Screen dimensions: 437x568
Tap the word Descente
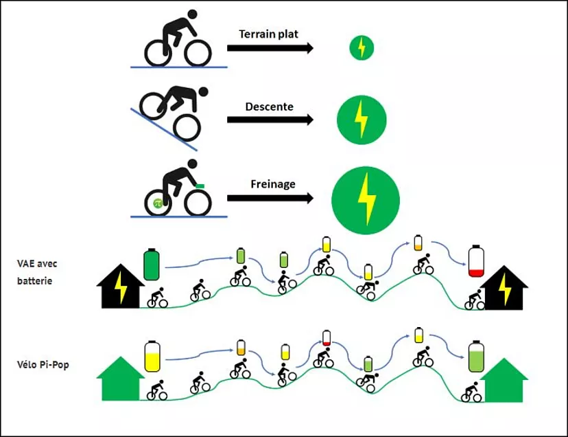pos(269,107)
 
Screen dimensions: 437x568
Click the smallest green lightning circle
pos(362,47)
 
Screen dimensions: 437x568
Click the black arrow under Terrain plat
pos(270,48)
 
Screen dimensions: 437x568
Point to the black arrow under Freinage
pos(270,199)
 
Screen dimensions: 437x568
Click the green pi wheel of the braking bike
pos(157,203)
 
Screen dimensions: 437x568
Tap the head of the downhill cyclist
pos(202,91)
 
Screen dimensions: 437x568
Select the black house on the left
pos(120,286)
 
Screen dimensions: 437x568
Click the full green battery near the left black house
pos(152,264)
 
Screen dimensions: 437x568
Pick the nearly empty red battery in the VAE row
pos(476,262)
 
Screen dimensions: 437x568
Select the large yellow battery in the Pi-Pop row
pos(152,356)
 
